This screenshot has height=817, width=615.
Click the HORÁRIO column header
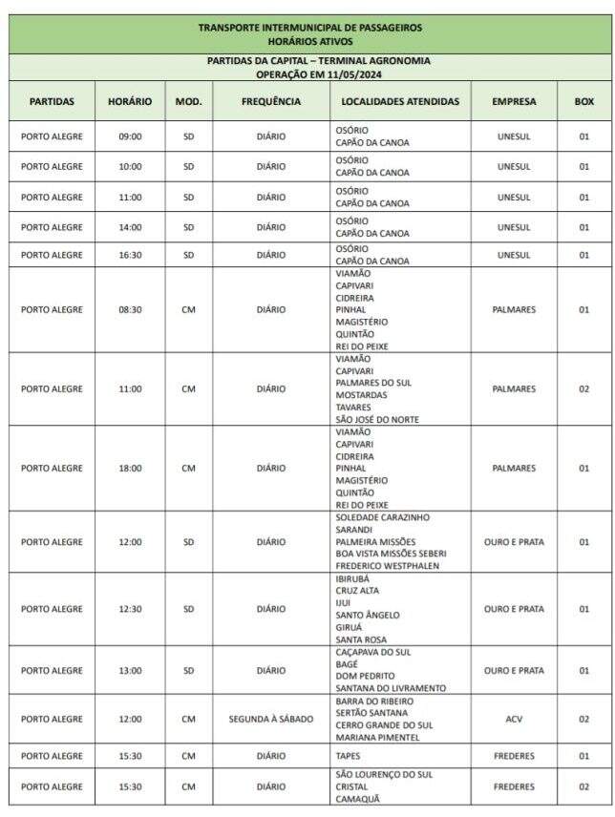point(130,101)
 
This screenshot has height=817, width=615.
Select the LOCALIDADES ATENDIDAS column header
point(401,101)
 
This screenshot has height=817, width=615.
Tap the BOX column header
point(583,101)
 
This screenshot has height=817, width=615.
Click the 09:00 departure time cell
point(130,136)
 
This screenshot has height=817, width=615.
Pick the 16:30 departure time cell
point(130,255)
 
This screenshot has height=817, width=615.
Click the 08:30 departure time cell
point(130,310)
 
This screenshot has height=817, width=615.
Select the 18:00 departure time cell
point(130,469)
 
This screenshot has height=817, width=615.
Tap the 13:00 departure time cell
point(130,670)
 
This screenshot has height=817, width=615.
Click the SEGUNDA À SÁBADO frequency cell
point(271,719)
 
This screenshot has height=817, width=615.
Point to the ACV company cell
point(514,719)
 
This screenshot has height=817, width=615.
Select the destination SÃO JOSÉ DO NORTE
point(377,419)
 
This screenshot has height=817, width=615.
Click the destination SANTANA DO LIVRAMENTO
point(391,688)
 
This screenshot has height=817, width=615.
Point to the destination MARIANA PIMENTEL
point(378,738)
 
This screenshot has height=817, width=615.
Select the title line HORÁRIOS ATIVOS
point(309,41)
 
